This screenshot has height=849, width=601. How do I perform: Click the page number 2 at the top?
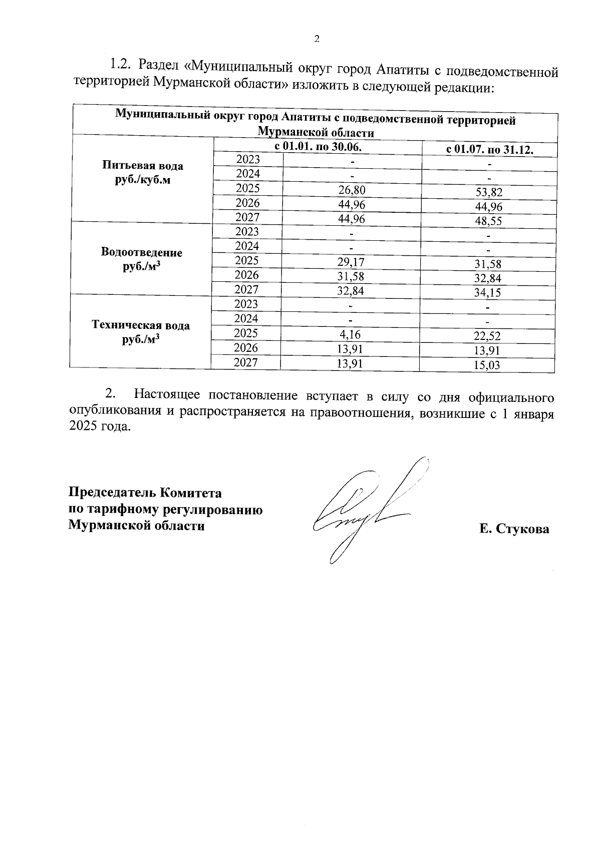[x=316, y=40]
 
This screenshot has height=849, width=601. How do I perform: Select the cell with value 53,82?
[x=488, y=193]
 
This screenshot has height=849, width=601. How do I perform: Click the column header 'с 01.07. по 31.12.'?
[x=489, y=150]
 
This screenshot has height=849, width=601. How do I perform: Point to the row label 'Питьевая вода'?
[x=143, y=166]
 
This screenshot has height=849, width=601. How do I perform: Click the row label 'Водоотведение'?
[x=142, y=252]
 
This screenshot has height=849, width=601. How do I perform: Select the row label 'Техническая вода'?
[x=141, y=325]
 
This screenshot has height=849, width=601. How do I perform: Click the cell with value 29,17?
[x=351, y=262]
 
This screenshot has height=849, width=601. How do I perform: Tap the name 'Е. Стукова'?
[x=514, y=529]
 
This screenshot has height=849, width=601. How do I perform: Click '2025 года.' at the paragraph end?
[x=99, y=427]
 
